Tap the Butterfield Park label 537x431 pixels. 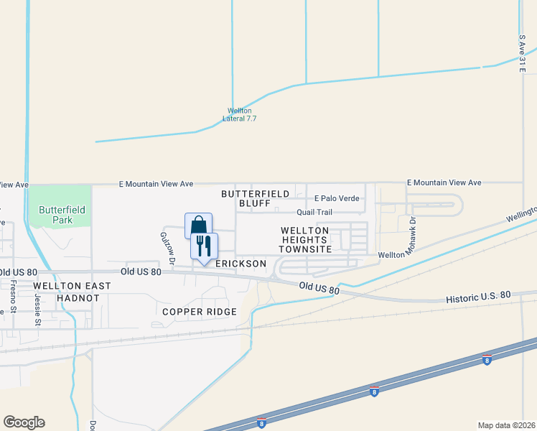point(62,215)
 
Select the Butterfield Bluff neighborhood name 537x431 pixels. point(255,199)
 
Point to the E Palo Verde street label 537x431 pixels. point(336,198)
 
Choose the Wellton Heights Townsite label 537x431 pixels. point(305,240)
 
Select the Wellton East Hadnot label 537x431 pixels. point(72,291)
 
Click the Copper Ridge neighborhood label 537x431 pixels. point(199,312)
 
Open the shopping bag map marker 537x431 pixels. point(197,226)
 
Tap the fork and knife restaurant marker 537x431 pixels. point(203,246)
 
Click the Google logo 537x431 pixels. point(24,422)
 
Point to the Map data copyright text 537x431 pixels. point(506,425)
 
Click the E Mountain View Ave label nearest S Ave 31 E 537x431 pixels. point(444,183)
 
